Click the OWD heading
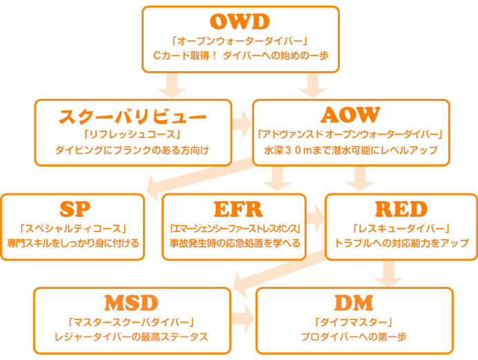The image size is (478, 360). point(240,21)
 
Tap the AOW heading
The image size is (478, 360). point(351,115)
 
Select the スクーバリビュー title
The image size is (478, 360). point(133,115)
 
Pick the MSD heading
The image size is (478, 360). point(131,303)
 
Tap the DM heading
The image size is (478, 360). point(354,303)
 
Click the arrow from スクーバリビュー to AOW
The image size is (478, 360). point(242,124)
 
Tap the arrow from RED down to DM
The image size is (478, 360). point(389,273)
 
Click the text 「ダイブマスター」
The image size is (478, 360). point(354,321)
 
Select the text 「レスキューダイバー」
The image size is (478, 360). point(401,227)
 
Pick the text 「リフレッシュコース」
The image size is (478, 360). point(133,133)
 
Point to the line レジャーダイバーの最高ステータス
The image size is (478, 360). point(131,337)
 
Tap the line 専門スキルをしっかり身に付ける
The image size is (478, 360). point(73,243)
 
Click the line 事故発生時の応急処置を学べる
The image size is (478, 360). point(235,243)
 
